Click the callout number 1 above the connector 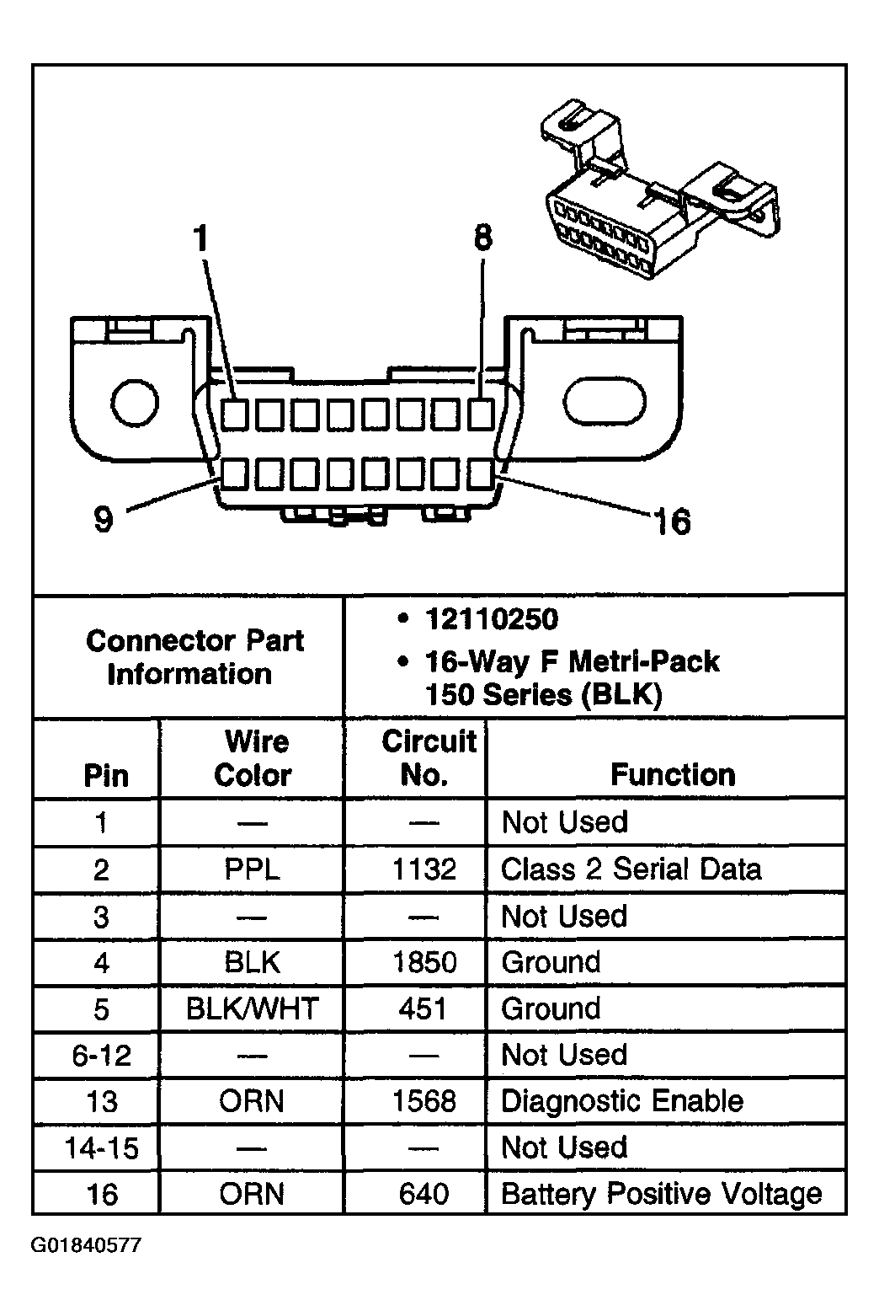(200, 239)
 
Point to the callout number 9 (103, 519)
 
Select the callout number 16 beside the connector (672, 522)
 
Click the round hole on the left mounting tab (135, 404)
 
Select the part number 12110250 (491, 620)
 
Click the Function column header (673, 774)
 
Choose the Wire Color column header (253, 758)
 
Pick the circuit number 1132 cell (424, 869)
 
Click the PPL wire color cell (253, 869)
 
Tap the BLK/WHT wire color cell (253, 1008)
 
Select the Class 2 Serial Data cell (631, 869)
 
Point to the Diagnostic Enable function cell (622, 1101)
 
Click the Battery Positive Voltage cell (661, 1194)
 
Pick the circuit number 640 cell (424, 1194)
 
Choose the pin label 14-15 (102, 1147)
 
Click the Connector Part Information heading (193, 657)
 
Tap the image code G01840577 (87, 1244)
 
